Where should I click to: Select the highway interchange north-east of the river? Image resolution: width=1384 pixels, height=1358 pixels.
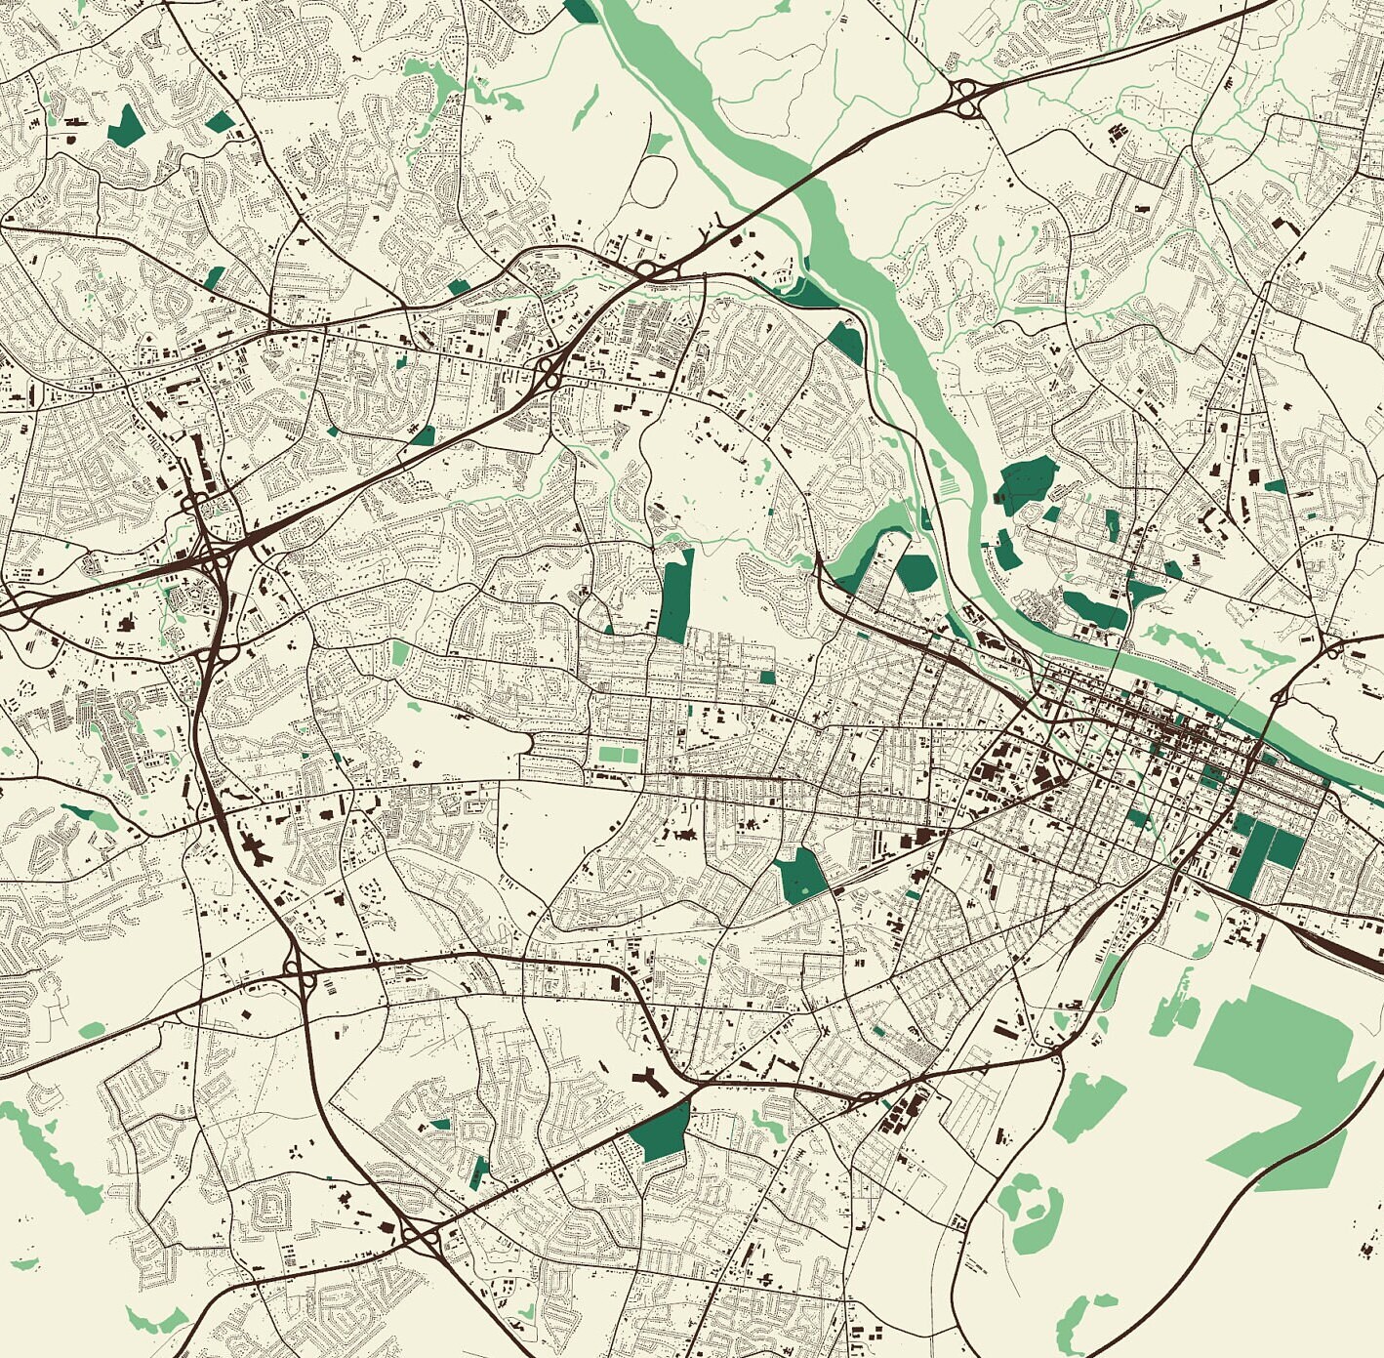coord(967,98)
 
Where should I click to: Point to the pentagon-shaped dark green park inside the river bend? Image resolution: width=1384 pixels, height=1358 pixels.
coord(916,572)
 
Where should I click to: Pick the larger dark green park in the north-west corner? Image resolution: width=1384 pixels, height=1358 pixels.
coord(124,126)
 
